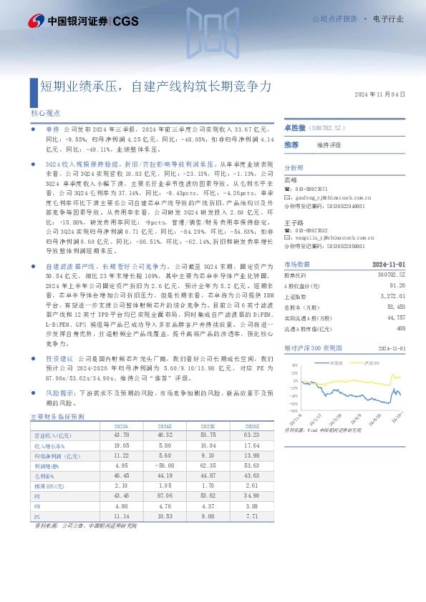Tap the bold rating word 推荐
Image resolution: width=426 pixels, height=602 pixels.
[291, 144]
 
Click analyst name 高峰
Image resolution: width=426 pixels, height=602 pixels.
[290, 180]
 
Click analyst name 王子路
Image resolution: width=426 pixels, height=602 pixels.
[292, 222]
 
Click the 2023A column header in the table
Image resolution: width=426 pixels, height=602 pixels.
[122, 425]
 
